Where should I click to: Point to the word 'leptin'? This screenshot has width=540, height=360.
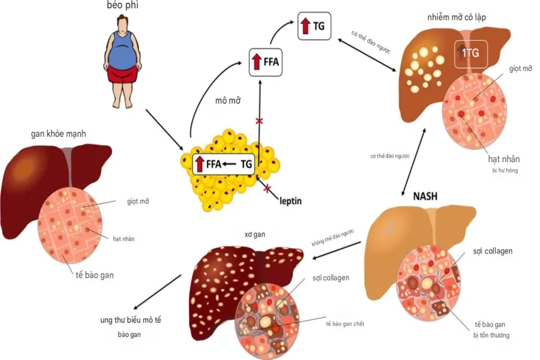(x=290, y=200)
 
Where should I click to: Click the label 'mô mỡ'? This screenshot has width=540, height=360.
(x=227, y=100)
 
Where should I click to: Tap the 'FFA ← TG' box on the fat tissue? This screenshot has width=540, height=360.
(x=223, y=164)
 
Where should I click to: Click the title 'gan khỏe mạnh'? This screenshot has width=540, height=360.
(x=58, y=134)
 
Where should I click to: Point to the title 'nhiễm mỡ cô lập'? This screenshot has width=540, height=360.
(x=457, y=17)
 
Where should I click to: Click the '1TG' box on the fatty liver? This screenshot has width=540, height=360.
(x=470, y=53)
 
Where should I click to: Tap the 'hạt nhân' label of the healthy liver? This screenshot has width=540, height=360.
(x=124, y=239)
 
